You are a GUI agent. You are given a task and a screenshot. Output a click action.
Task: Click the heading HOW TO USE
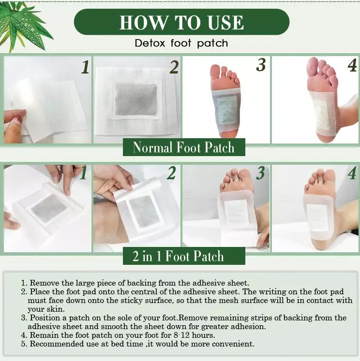181,23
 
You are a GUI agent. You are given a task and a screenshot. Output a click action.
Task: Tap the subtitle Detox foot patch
181,43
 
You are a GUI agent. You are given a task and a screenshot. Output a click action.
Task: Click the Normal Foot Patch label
184,147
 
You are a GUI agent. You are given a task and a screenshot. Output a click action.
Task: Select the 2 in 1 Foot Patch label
178,256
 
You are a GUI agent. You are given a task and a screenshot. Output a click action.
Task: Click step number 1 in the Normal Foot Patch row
85,67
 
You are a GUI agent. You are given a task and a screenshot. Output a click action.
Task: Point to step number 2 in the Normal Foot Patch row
174,67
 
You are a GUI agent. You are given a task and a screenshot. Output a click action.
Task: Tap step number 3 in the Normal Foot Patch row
261,65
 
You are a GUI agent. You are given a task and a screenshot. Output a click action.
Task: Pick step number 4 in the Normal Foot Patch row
352,65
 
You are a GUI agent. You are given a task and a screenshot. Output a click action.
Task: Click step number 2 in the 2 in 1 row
171,173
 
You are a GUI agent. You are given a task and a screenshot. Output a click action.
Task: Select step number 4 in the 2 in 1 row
352,173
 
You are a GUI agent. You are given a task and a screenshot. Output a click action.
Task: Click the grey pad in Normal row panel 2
136,100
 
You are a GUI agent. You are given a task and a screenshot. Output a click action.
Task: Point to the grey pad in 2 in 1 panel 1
49,208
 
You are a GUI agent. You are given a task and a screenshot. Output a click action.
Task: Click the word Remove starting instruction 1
44,283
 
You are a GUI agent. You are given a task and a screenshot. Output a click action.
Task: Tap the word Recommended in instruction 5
53,344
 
